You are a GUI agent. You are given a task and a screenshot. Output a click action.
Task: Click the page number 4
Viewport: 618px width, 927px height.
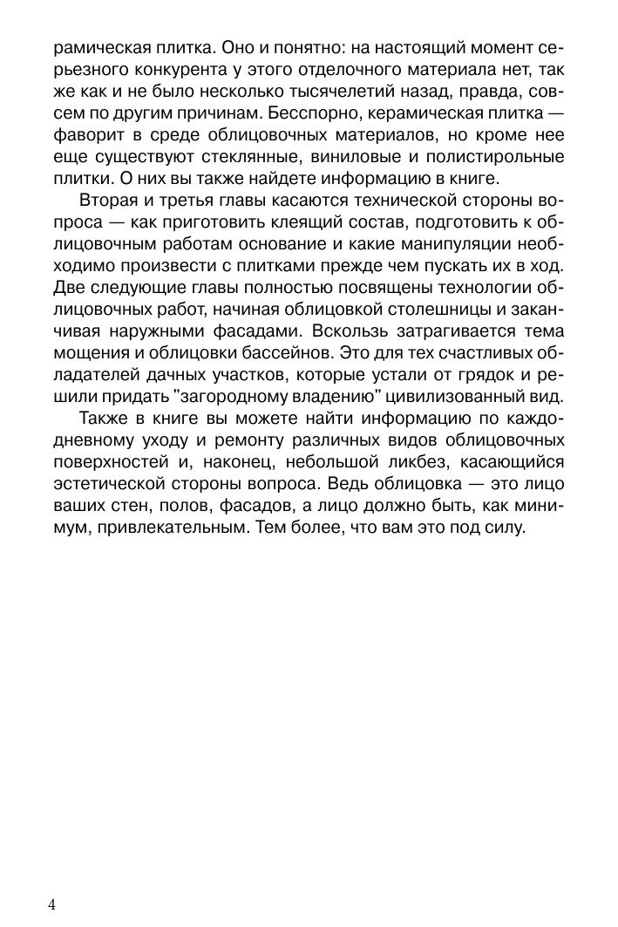point(52,904)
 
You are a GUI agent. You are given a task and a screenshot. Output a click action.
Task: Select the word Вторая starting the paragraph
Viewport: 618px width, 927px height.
point(108,201)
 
